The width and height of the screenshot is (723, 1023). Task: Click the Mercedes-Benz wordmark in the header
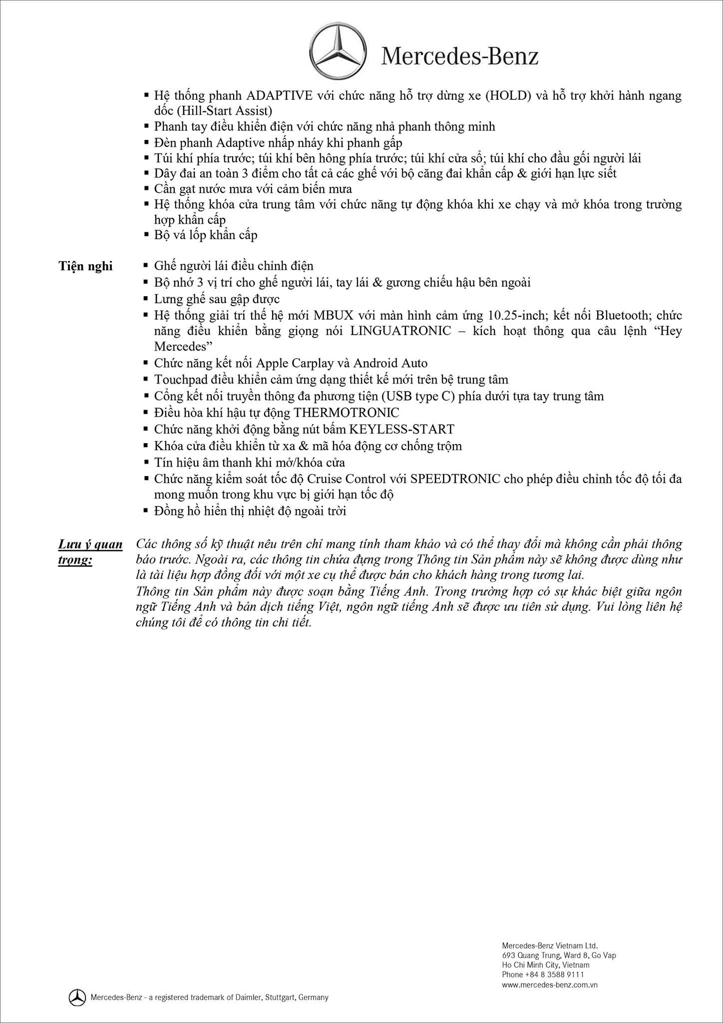click(460, 56)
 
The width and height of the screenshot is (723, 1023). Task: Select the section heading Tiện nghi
click(85, 266)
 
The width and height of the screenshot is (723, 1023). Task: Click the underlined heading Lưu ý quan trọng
click(90, 551)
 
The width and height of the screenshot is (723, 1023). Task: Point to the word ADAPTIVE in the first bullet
click(280, 95)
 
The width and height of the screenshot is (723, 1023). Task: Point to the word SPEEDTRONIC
click(455, 479)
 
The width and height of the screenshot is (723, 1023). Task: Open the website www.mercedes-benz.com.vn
click(550, 985)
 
